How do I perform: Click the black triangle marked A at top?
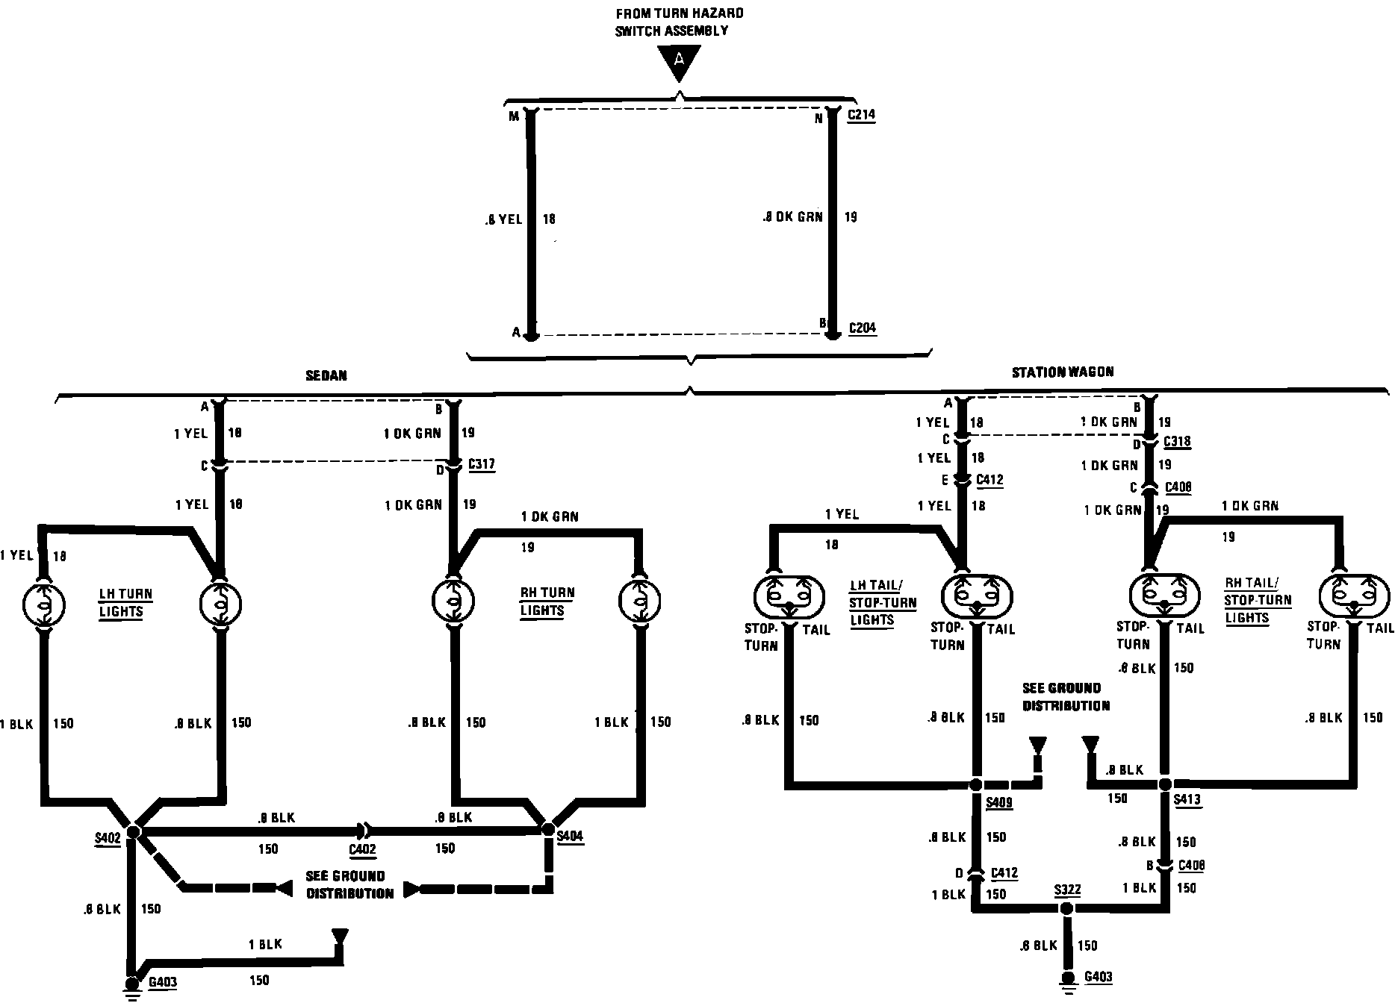click(679, 60)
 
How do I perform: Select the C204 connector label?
click(863, 328)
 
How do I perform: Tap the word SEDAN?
click(326, 375)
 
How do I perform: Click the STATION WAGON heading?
click(1062, 372)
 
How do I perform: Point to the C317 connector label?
click(482, 464)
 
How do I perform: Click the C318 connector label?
click(1177, 442)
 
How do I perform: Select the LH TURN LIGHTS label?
click(125, 603)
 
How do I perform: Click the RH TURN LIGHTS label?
click(547, 602)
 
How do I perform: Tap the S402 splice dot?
click(134, 831)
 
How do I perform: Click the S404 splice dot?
click(547, 829)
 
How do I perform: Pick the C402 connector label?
click(362, 849)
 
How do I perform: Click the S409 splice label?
click(999, 803)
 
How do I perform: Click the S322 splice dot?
click(1066, 908)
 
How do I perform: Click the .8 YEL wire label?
click(503, 219)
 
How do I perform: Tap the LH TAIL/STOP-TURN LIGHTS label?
click(883, 603)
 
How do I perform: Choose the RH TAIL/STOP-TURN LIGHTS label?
click(1258, 600)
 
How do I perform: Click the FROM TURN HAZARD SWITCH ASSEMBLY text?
click(679, 22)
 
